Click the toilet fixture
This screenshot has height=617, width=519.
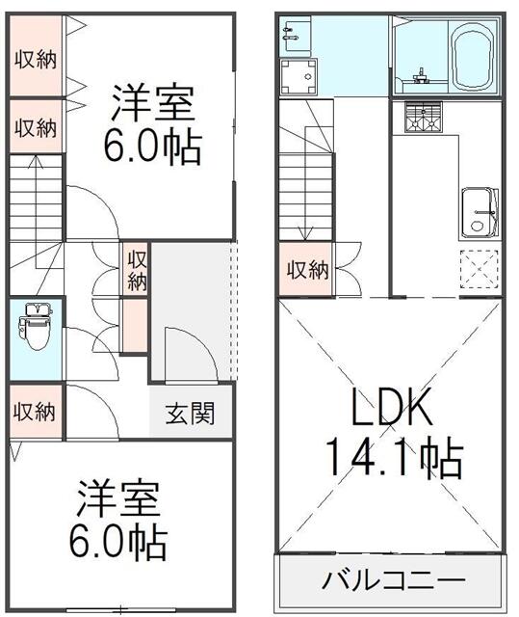click(x=36, y=326)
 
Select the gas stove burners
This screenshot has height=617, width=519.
click(x=423, y=117)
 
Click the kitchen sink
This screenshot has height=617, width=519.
click(x=480, y=213)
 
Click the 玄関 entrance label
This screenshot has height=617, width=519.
click(x=190, y=413)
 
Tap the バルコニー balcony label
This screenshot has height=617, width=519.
click(x=393, y=580)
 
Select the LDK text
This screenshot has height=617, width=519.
click(x=391, y=407)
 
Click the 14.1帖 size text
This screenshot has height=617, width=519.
click(x=395, y=457)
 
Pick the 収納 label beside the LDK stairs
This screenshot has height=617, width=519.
click(x=307, y=270)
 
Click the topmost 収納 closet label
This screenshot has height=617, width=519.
click(x=36, y=60)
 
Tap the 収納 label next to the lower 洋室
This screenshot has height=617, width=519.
click(x=34, y=412)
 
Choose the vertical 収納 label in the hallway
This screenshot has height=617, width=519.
click(x=137, y=270)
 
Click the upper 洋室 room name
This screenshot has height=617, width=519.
click(x=154, y=102)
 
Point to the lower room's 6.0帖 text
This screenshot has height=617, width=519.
click(x=118, y=542)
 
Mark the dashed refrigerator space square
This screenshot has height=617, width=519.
click(x=480, y=270)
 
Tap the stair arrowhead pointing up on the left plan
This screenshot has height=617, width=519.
click(x=36, y=162)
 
